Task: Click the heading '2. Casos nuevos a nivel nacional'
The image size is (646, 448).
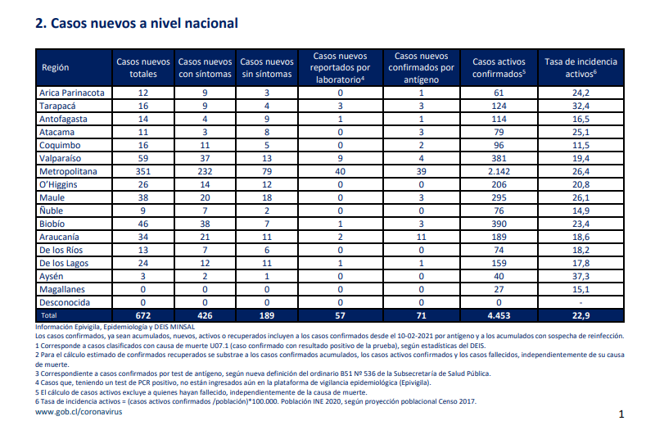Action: click(x=137, y=24)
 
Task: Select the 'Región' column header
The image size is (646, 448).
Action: click(x=55, y=68)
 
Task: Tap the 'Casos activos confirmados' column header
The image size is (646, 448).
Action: click(x=499, y=68)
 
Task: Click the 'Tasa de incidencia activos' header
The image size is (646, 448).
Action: click(x=580, y=68)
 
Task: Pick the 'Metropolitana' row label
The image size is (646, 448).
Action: click(x=68, y=171)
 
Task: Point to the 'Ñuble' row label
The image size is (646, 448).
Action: click(x=51, y=210)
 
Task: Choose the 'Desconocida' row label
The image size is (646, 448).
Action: click(x=64, y=302)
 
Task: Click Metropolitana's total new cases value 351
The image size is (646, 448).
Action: click(x=143, y=171)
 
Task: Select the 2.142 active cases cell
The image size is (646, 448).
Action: click(x=499, y=171)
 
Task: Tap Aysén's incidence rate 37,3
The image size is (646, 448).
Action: click(x=580, y=276)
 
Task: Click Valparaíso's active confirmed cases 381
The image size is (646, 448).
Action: click(x=499, y=158)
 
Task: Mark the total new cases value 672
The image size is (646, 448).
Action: click(x=143, y=315)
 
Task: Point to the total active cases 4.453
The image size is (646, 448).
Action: click(x=499, y=315)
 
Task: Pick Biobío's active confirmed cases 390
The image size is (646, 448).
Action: click(x=499, y=224)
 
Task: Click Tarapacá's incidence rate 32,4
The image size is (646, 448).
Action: click(x=580, y=106)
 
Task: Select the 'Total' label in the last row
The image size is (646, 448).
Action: click(x=48, y=315)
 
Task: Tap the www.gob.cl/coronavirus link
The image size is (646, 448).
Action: click(x=79, y=412)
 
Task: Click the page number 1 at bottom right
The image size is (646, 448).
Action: click(x=621, y=414)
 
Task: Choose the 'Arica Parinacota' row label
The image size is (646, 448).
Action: click(x=72, y=93)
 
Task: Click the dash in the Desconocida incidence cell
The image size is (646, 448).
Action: click(x=580, y=303)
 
